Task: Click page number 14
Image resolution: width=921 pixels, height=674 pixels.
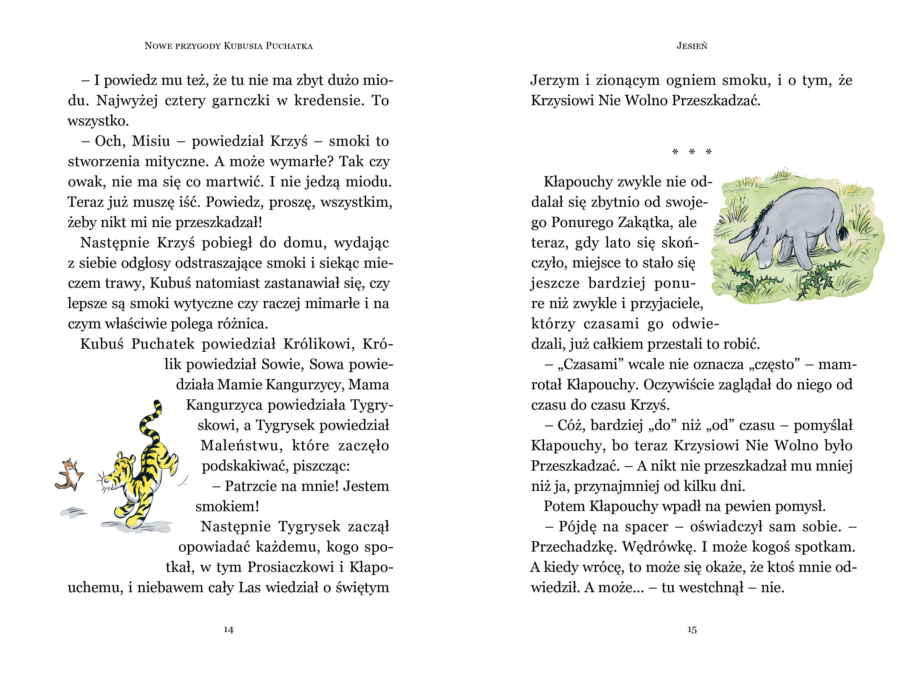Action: (x=229, y=629)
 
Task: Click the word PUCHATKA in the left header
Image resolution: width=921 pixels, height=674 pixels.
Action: (x=289, y=46)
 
